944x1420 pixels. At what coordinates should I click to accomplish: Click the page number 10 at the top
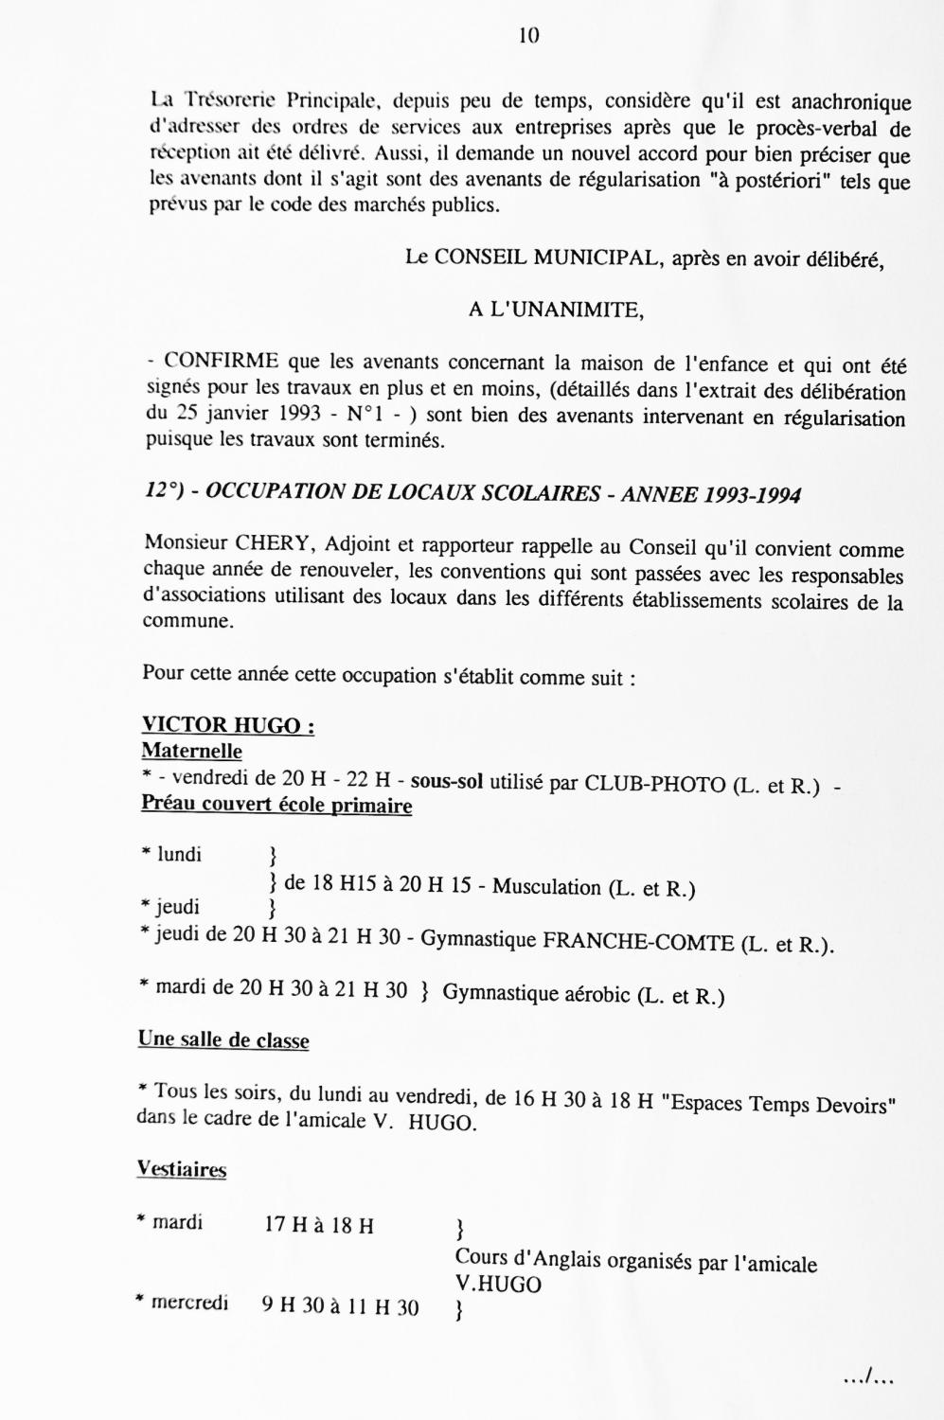(529, 36)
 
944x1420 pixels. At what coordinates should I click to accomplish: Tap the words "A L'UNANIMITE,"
(556, 310)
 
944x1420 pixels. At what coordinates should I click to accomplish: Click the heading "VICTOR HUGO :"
(227, 726)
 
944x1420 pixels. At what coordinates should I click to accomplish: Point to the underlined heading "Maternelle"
(191, 752)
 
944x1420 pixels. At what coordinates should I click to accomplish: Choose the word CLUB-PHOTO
(654, 785)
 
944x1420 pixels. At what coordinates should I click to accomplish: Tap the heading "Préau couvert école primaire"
(276, 806)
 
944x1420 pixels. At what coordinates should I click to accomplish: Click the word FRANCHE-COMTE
(637, 943)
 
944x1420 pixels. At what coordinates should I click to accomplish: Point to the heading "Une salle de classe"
(223, 1040)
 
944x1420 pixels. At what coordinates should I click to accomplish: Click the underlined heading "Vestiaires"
(182, 1170)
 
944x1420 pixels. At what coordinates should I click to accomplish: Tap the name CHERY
(278, 543)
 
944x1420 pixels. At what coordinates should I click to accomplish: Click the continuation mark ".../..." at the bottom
(868, 1378)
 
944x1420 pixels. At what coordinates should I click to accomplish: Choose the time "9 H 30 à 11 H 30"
(340, 1307)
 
